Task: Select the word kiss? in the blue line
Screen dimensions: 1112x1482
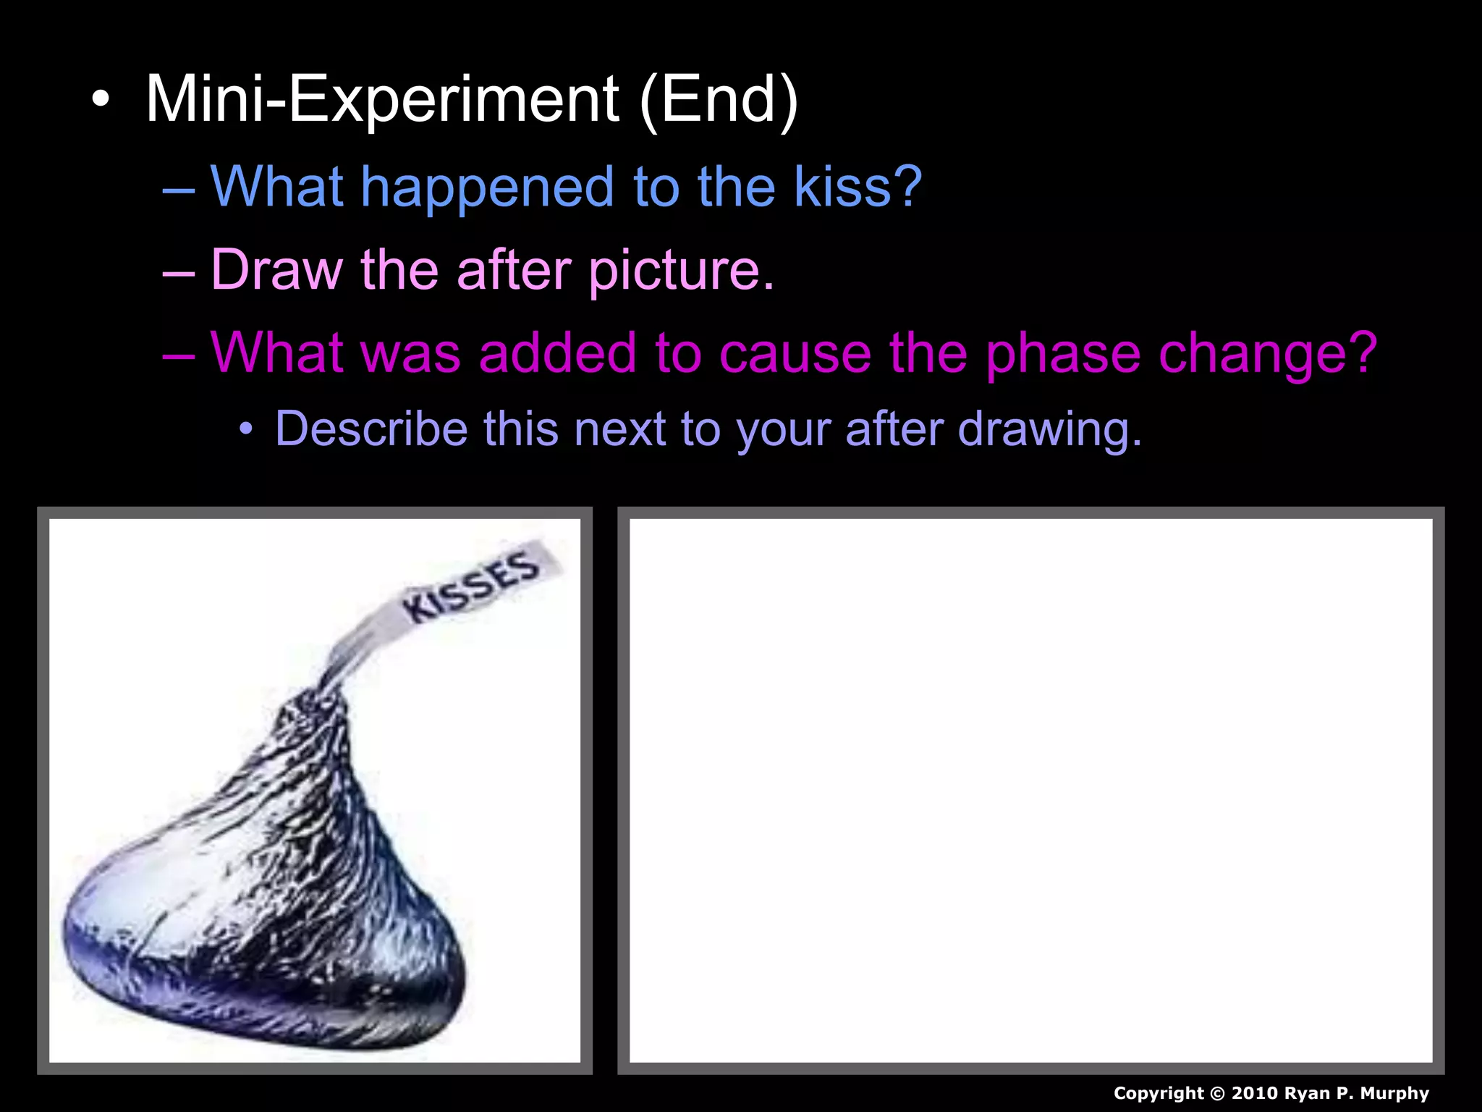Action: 858,187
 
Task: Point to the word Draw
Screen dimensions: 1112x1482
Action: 276,270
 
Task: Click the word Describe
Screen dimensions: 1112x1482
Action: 370,429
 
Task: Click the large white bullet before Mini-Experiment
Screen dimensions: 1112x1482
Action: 101,101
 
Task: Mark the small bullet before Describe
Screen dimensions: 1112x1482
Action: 247,429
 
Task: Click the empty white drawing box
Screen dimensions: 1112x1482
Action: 1030,791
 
